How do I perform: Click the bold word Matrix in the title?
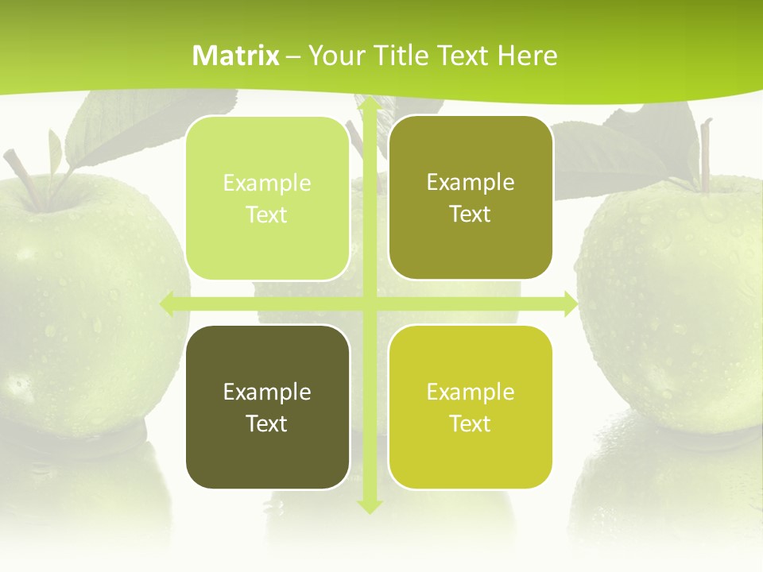[236, 56]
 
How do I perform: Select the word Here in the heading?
[527, 56]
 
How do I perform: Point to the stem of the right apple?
[704, 155]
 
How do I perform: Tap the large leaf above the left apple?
[119, 127]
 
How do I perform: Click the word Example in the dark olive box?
[267, 392]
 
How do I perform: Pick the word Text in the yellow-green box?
[471, 423]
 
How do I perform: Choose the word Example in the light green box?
[267, 184]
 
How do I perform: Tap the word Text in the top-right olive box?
[471, 214]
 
